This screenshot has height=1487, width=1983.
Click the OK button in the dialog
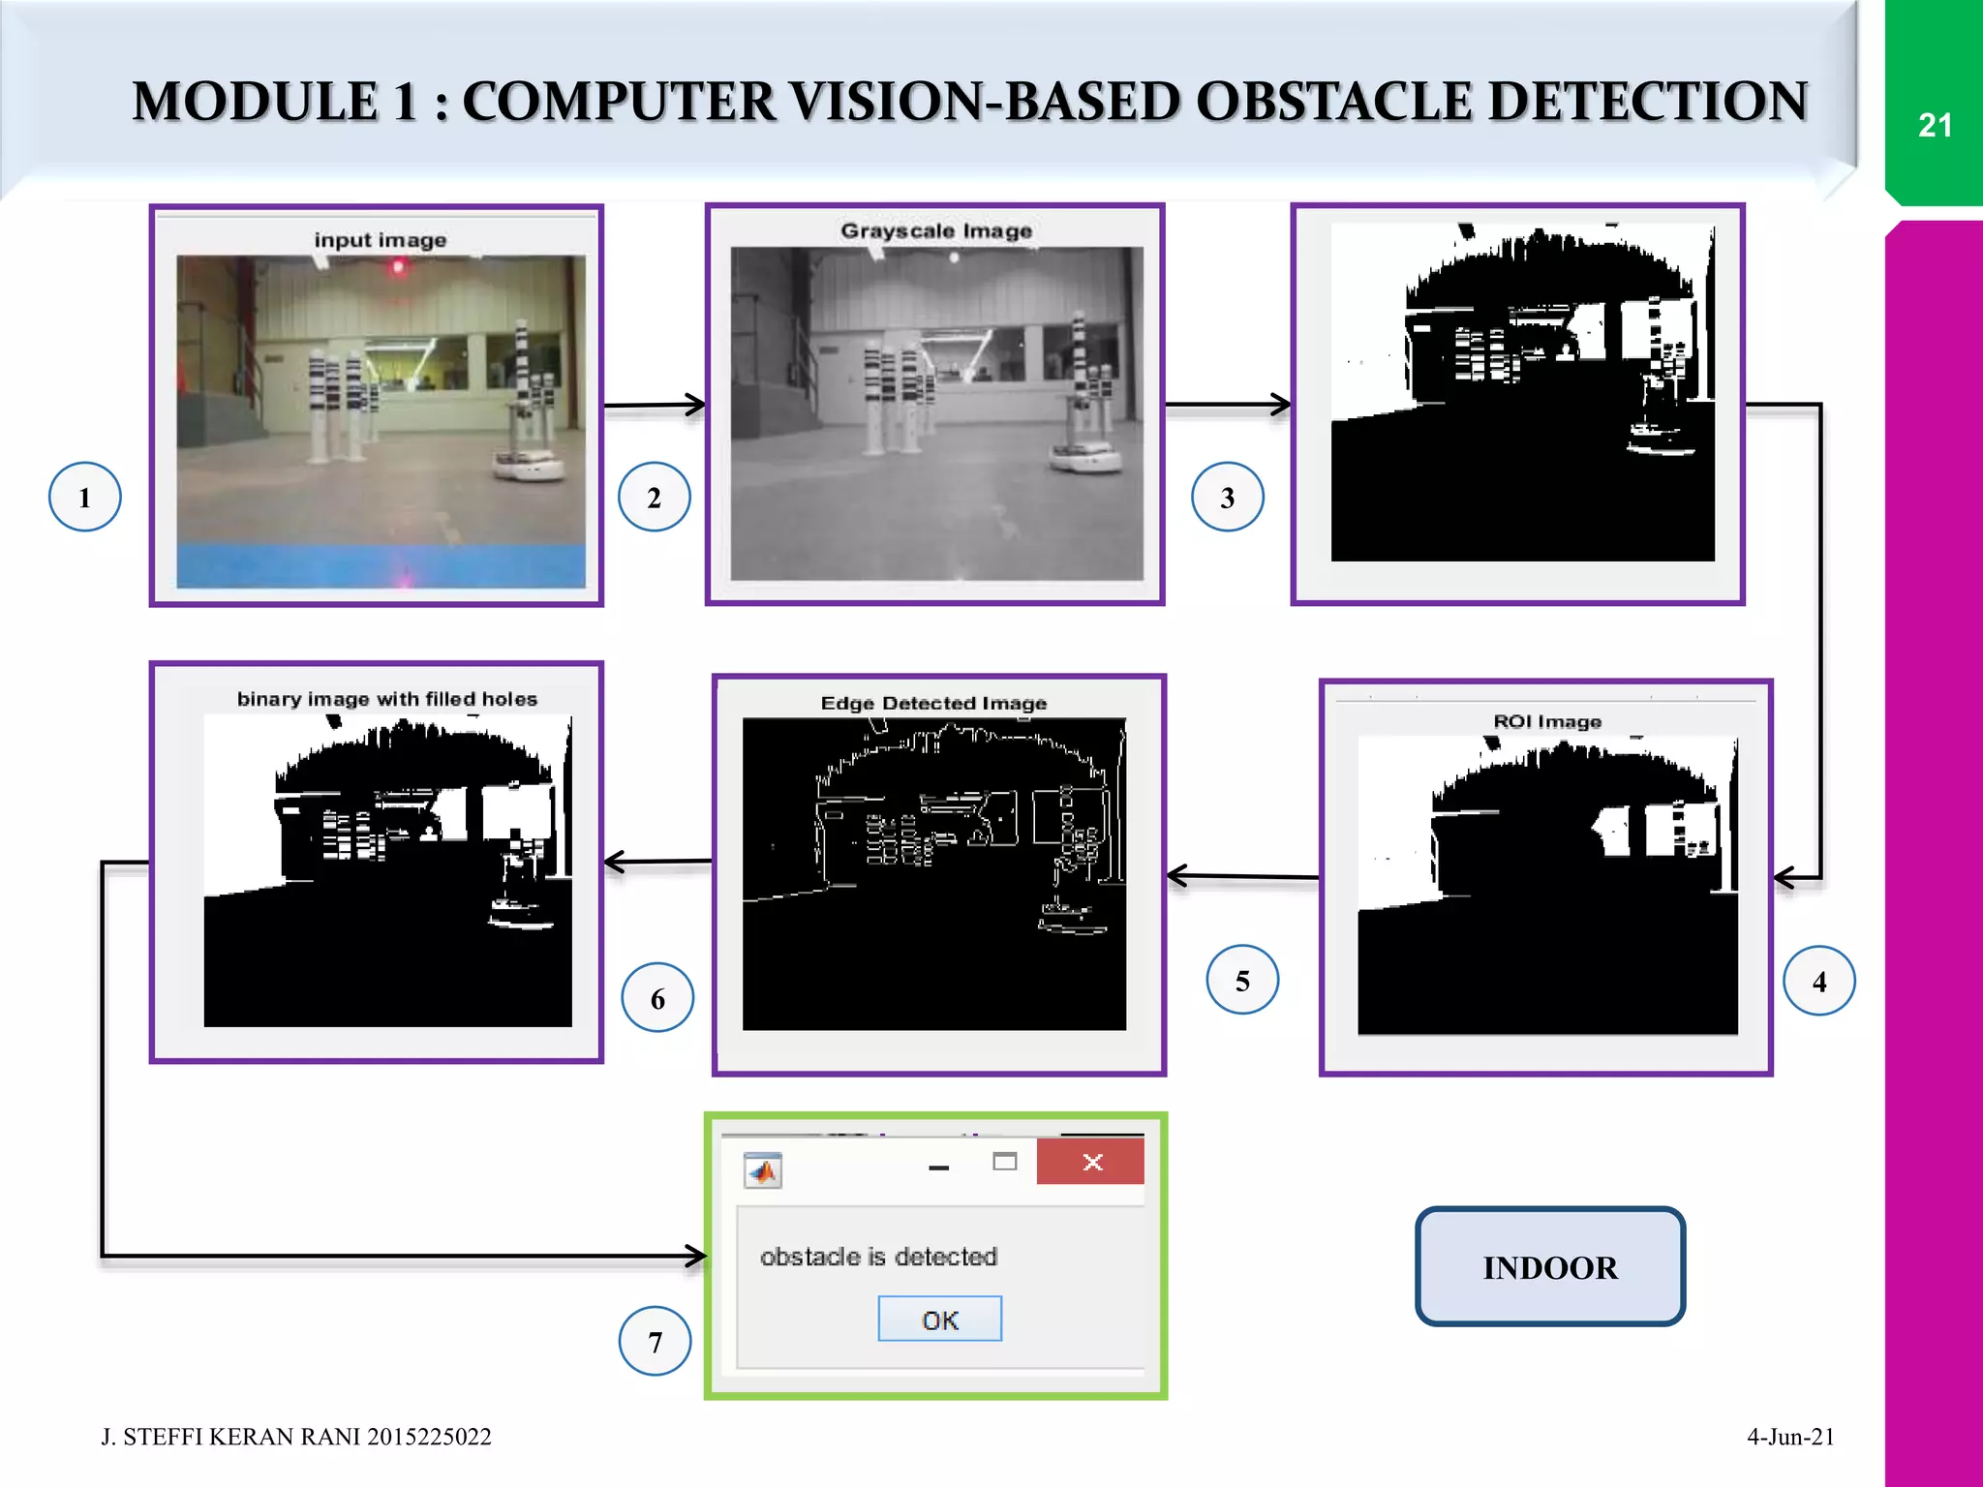[939, 1320]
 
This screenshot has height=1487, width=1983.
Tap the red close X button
[1091, 1162]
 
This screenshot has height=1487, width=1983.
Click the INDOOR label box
[1549, 1266]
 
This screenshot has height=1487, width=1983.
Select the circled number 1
[85, 497]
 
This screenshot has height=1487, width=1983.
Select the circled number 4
[1818, 981]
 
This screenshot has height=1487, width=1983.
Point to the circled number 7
[655, 1342]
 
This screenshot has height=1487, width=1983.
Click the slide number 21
[1934, 125]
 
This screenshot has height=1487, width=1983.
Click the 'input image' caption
[380, 240]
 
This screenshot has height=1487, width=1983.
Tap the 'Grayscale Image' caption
[935, 230]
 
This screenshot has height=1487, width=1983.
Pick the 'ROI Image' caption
[1546, 721]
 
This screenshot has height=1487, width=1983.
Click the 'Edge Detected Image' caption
[933, 703]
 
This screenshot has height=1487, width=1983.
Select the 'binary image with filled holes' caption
[386, 699]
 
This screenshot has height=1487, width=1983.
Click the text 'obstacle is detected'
[878, 1257]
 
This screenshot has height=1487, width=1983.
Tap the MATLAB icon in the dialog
[763, 1171]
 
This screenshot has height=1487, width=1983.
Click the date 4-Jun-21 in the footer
[1789, 1437]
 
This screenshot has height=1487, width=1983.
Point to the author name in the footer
[295, 1437]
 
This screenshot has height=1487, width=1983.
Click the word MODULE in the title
[255, 102]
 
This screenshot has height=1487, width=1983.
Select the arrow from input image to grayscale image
[655, 405]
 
